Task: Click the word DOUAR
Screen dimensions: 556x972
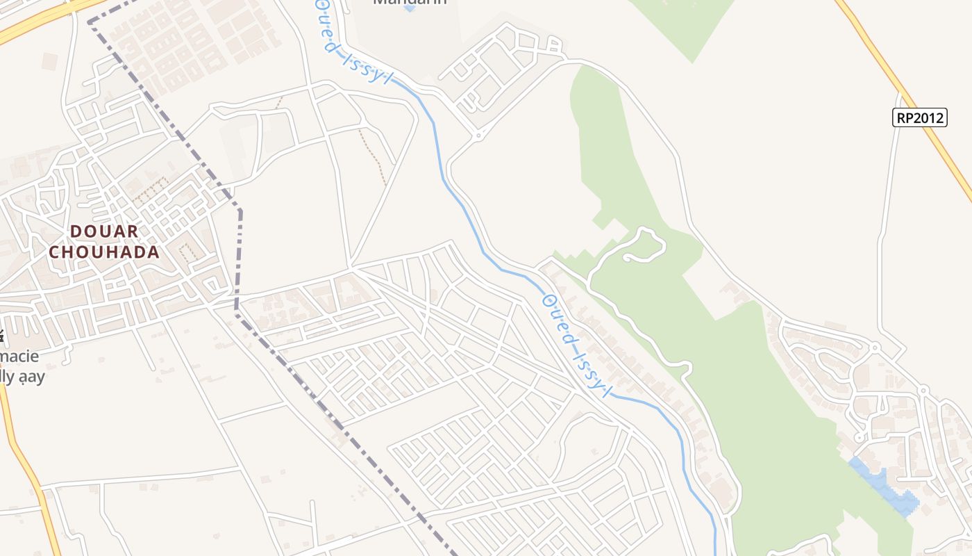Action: tap(104, 231)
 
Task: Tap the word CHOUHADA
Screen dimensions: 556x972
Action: tap(104, 252)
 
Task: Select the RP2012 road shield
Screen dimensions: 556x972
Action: tap(919, 117)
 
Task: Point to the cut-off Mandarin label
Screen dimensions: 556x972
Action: tap(409, 2)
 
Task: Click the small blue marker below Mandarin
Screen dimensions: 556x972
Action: tap(409, 9)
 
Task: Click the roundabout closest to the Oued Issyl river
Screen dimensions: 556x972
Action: tap(478, 135)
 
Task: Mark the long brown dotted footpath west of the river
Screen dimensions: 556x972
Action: tap(374, 156)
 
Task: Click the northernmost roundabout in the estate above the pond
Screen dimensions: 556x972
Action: tap(874, 347)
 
